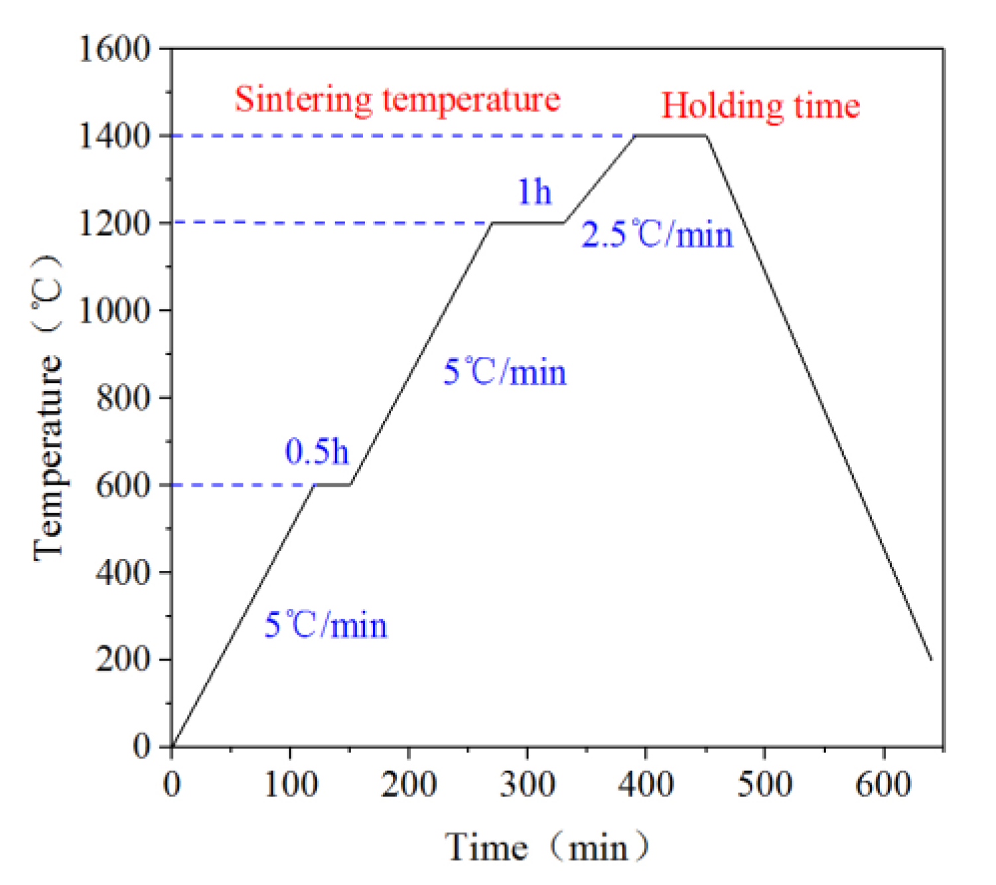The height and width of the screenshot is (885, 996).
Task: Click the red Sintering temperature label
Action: point(397,100)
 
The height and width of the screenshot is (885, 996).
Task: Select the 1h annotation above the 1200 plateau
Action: point(534,192)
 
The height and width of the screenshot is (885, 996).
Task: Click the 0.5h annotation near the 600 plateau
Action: point(317,452)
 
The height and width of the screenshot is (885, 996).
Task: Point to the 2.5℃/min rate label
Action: point(657,235)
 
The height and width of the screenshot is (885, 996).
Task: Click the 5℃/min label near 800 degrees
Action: point(504,372)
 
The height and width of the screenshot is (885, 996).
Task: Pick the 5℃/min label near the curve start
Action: point(325,625)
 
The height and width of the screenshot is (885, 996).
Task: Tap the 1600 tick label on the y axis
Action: point(115,48)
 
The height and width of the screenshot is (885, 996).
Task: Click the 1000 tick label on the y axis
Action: point(115,310)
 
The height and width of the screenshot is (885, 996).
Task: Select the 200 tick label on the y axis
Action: point(123,659)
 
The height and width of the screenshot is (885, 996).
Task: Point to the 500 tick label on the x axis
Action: point(764,784)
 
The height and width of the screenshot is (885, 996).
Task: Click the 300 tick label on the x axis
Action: point(527,784)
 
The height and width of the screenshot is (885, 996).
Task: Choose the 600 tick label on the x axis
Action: point(883,784)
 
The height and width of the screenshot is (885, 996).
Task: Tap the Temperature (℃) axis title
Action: point(48,406)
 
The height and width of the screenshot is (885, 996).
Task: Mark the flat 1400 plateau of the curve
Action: point(670,135)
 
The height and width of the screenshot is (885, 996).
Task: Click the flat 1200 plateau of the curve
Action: point(528,223)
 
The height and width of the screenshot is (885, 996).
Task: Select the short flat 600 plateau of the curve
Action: point(332,485)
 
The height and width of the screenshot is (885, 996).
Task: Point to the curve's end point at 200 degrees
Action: point(930,659)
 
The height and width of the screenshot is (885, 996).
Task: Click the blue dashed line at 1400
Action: point(398,136)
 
